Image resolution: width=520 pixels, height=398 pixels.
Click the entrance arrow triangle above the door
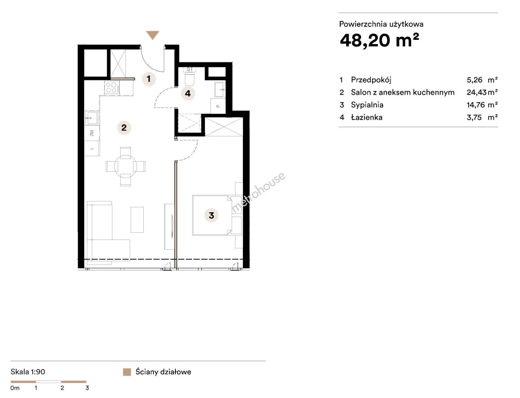coord(152,35)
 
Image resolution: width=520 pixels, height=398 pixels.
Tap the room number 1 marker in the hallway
coord(149,78)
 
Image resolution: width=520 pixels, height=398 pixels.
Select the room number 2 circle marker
coord(124,128)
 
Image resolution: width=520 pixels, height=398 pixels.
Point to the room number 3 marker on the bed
coord(211,215)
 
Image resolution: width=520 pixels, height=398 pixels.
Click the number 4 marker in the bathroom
coord(188,93)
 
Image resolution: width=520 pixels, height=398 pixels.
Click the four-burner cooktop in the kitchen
coord(112,87)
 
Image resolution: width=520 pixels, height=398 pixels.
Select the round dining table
coord(126,166)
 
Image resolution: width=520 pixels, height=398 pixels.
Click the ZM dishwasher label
coord(92,133)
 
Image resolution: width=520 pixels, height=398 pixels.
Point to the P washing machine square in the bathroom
coord(218,106)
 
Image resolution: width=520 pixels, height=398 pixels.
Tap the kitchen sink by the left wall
coord(91,118)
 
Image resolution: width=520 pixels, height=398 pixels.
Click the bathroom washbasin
coord(220,90)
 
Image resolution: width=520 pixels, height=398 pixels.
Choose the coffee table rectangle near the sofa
coord(137,220)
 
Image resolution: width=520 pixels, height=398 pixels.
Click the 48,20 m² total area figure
coord(380,40)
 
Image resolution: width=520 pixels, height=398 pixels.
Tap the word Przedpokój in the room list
coord(371,80)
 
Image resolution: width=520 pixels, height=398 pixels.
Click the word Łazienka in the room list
coord(367,117)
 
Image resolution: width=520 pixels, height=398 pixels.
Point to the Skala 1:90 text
coord(28,372)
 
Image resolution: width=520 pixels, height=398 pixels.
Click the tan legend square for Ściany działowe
coord(127,372)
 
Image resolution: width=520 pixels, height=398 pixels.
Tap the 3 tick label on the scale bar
coord(87,388)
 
